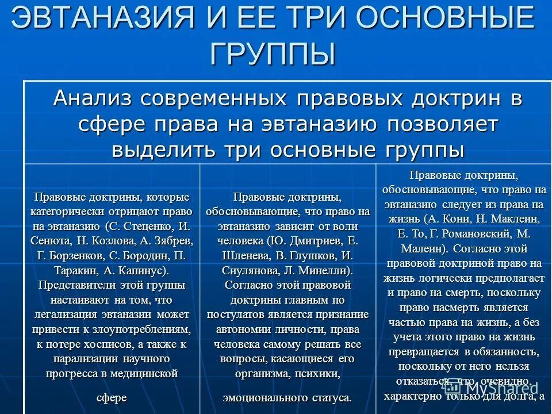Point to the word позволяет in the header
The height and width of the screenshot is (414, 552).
(442, 124)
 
